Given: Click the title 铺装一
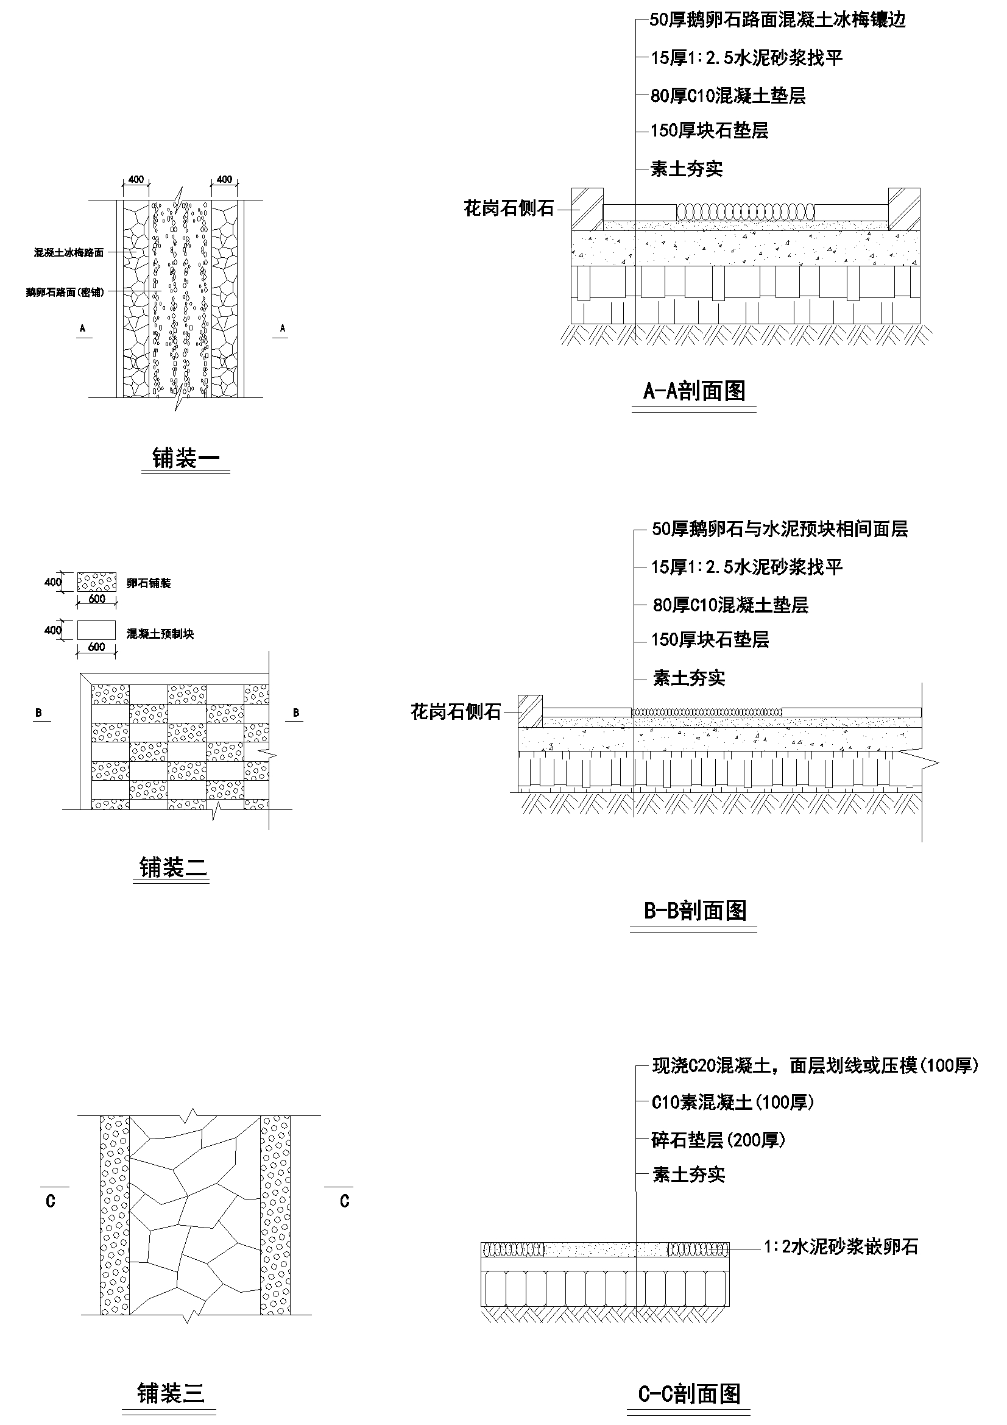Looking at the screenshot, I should (186, 458).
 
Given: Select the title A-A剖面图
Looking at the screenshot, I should (694, 391).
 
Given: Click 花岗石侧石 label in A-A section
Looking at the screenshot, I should (509, 208).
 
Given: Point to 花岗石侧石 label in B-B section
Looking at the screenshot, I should (456, 712).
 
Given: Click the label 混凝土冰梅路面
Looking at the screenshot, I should (69, 252).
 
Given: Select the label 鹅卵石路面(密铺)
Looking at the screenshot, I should (65, 292).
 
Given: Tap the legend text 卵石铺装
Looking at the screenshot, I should (148, 583).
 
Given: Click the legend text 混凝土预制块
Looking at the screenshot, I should (160, 634).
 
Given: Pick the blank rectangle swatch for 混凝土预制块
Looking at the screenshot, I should (96, 630).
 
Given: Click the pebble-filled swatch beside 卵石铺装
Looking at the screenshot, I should (96, 582).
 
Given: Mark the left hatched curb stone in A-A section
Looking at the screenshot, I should (587, 208).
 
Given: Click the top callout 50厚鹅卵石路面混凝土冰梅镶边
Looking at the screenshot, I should (777, 20).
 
